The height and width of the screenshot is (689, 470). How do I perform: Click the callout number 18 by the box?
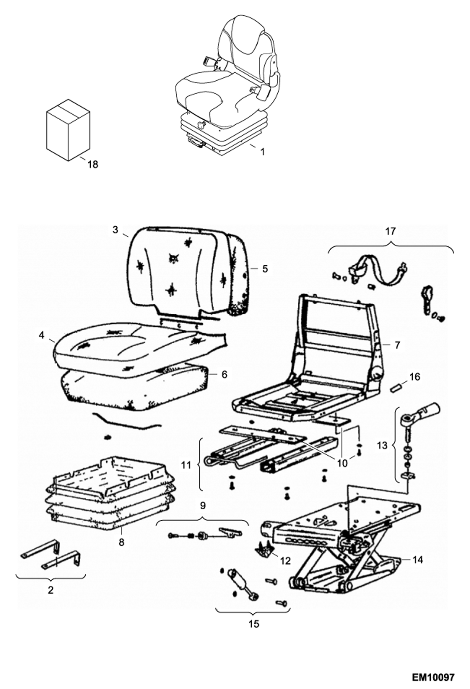coord(93,164)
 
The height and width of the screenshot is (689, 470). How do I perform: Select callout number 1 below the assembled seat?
coord(262,152)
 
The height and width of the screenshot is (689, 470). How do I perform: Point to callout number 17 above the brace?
coord(391,231)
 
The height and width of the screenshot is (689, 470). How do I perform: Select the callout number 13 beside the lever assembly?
coord(382,445)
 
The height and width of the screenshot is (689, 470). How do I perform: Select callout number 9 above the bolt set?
coord(202,505)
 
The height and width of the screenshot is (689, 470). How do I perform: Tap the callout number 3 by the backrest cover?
coord(115,230)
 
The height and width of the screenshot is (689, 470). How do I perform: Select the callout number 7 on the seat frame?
coord(397,345)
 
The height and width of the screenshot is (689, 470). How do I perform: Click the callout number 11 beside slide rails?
coord(186,465)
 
